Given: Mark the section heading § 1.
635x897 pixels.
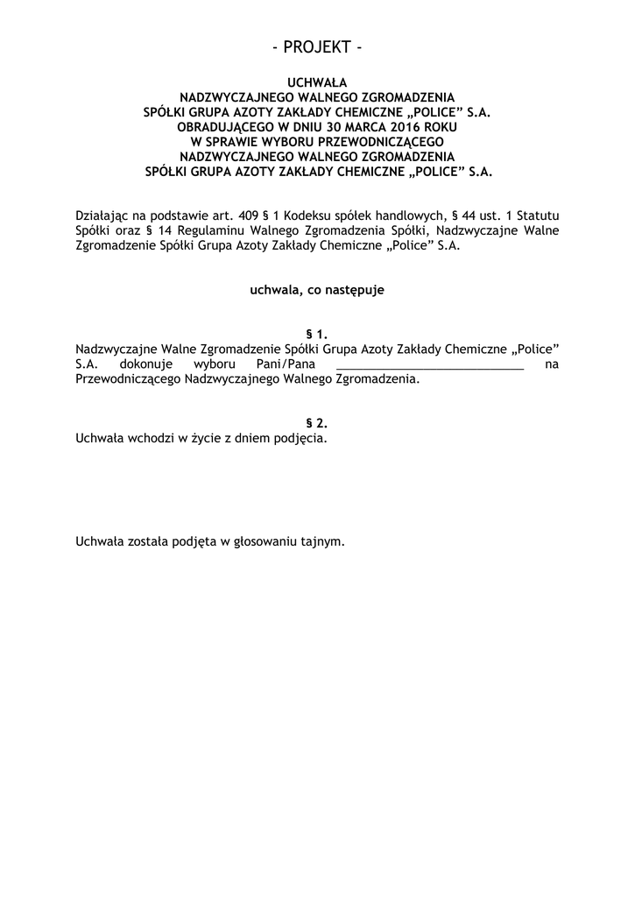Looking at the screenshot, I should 317,334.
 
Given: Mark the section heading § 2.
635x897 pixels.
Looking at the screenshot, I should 317,422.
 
